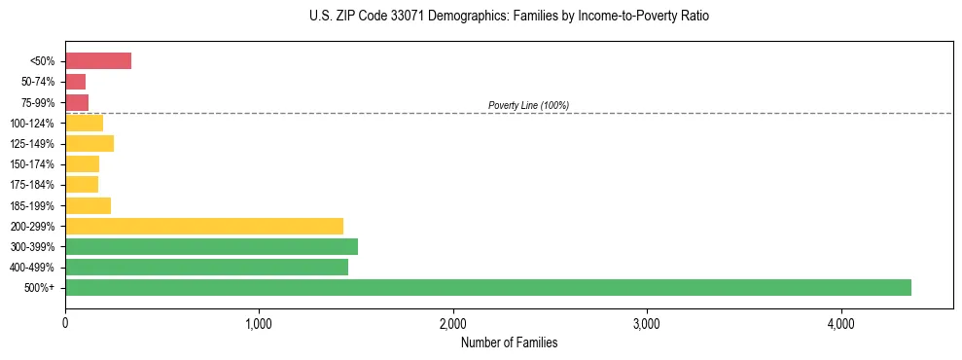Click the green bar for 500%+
tap(487, 287)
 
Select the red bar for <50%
tap(98, 61)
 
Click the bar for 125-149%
tap(89, 144)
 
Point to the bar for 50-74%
tap(76, 82)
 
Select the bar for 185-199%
tap(88, 205)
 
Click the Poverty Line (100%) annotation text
tap(528, 105)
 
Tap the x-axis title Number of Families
tap(509, 342)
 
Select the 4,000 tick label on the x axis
tap(840, 323)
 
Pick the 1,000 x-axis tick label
tap(259, 323)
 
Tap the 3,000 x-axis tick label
tap(647, 323)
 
